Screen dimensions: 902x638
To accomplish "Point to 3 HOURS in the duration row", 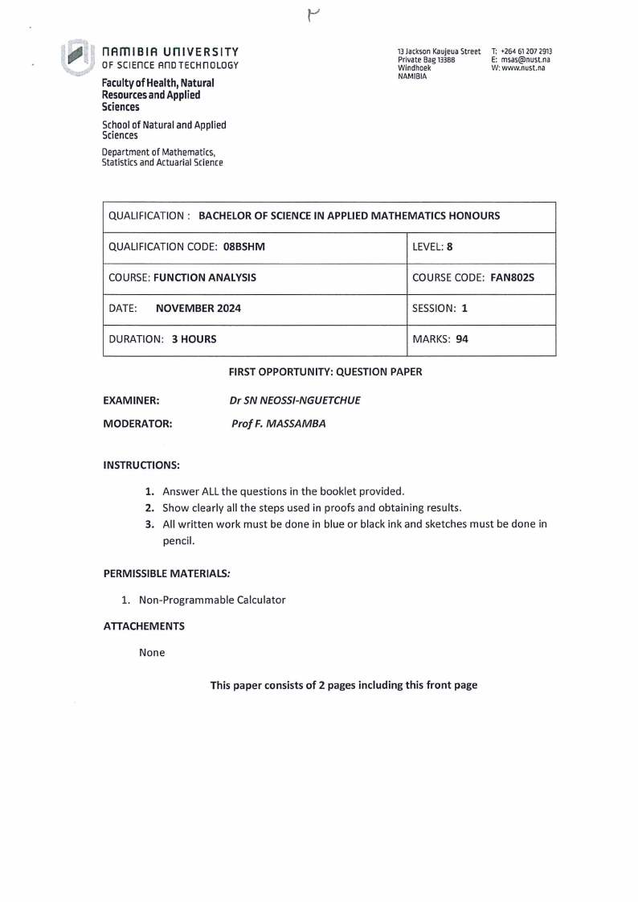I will (x=194, y=339).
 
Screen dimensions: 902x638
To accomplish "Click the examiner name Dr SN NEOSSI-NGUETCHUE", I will (x=295, y=400).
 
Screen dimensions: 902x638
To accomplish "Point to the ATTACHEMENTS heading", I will (x=144, y=625).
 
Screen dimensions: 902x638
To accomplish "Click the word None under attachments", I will (x=152, y=652).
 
